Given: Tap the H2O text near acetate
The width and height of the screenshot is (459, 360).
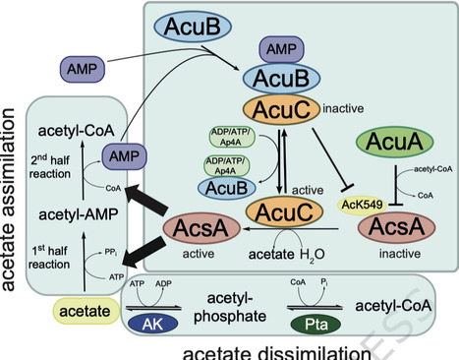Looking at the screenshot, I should pyautogui.click(x=311, y=257).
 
